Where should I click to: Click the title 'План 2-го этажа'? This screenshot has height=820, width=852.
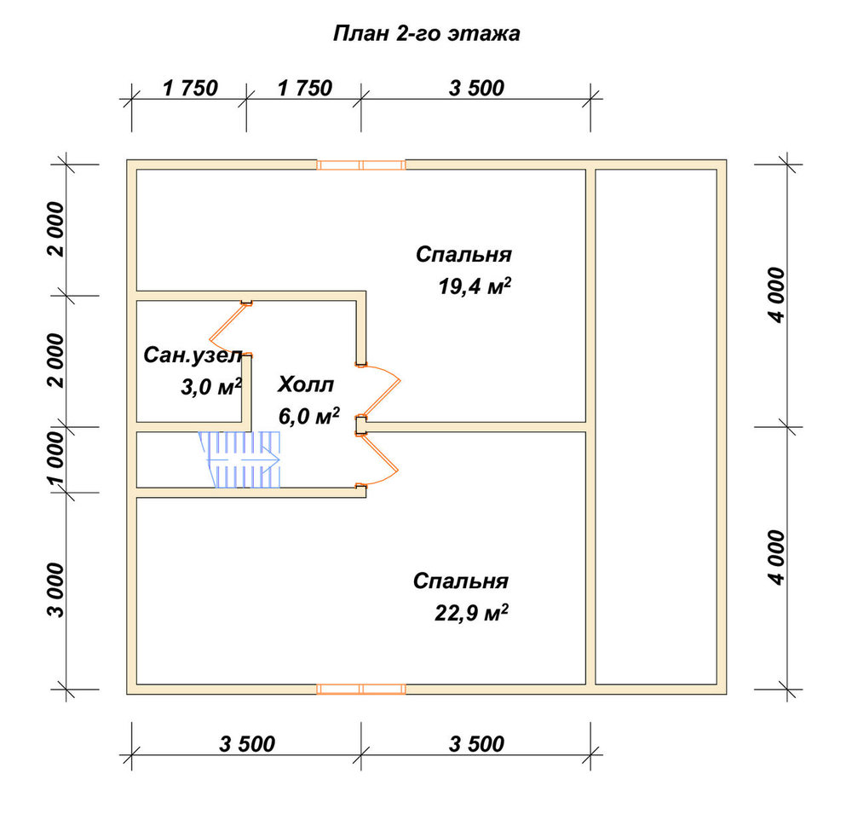click(x=427, y=34)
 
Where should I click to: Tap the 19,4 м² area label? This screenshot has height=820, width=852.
click(x=475, y=286)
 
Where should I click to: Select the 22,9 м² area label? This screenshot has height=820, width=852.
click(x=472, y=613)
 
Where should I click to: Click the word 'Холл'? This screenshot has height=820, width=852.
click(x=306, y=384)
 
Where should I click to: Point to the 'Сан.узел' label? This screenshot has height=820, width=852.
click(x=193, y=355)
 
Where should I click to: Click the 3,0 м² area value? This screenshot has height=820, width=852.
click(x=211, y=387)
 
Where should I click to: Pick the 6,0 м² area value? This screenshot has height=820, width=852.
click(x=309, y=417)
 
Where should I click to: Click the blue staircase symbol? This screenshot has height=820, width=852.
click(x=239, y=459)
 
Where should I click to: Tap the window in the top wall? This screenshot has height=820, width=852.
click(x=361, y=165)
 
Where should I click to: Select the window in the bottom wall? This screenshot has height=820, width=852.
click(x=361, y=690)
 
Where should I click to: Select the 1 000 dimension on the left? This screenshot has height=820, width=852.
click(x=56, y=459)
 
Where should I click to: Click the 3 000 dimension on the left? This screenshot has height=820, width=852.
click(x=56, y=591)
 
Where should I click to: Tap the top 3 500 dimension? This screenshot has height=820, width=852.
click(x=476, y=88)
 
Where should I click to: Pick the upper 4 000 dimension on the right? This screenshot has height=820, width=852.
click(x=777, y=295)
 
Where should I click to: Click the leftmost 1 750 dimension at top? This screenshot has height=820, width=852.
click(x=190, y=88)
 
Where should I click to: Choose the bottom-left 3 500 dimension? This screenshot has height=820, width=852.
click(x=247, y=743)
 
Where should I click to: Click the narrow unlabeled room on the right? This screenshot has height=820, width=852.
click(x=656, y=427)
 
